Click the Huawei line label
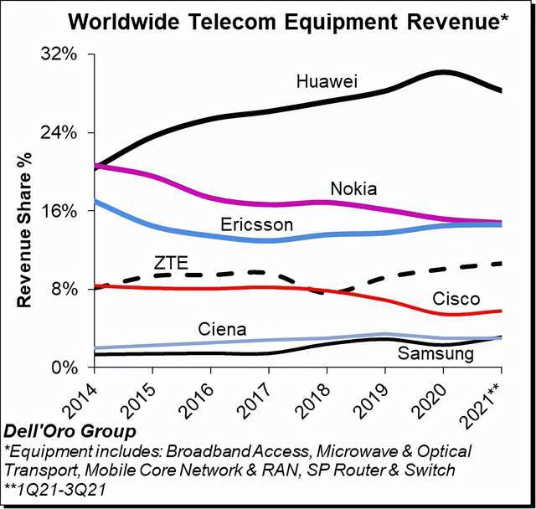[327, 82]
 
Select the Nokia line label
[353, 188]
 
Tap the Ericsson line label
[256, 225]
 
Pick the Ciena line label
[222, 330]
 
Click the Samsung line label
[435, 354]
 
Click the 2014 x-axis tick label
[82, 398]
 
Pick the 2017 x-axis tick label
[256, 398]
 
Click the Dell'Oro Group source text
[70, 433]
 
